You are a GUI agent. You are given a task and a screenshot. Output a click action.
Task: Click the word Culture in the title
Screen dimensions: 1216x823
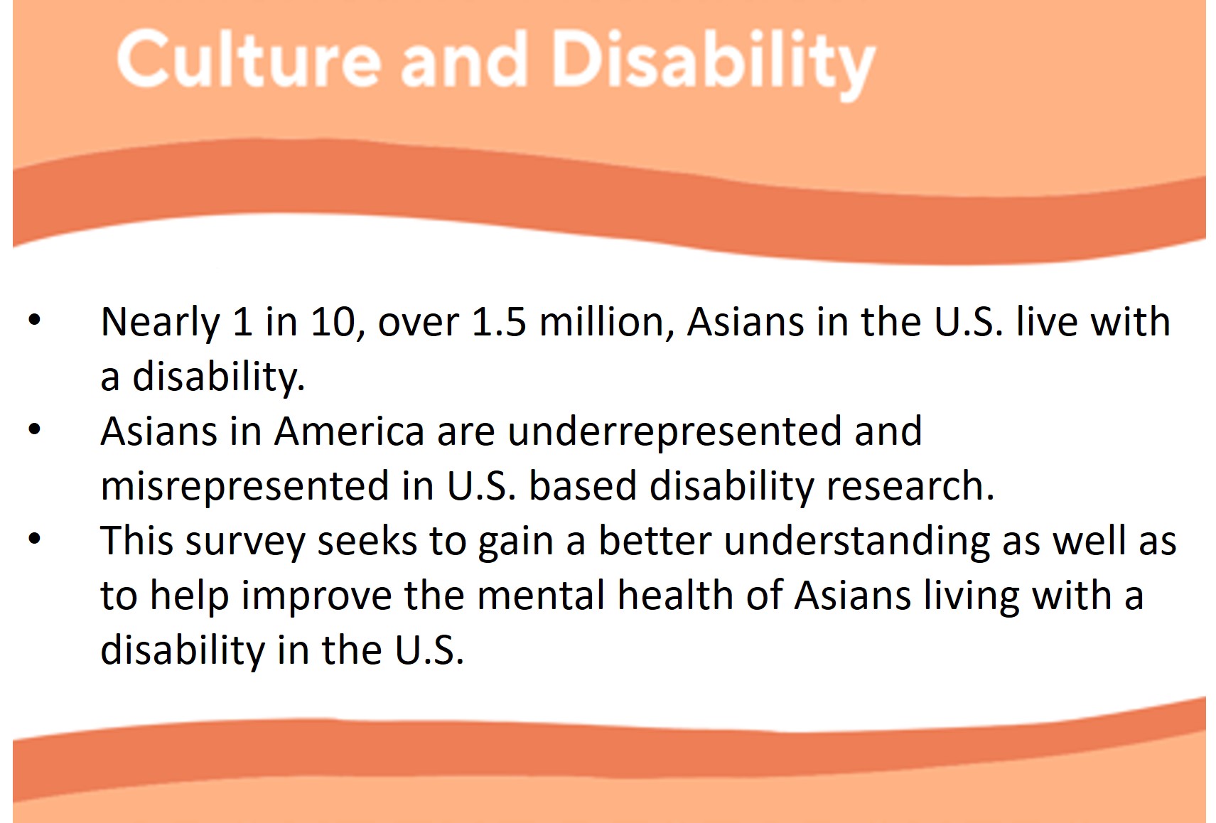[248, 58]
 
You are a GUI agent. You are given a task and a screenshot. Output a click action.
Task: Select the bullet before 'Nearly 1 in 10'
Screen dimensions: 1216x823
[34, 320]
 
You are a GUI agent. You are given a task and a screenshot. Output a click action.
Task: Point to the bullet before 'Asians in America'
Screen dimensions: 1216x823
[34, 429]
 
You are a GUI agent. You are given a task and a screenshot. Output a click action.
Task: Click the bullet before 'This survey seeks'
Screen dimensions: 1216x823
[34, 539]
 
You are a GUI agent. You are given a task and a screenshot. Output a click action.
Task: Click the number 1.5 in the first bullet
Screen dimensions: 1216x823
[499, 322]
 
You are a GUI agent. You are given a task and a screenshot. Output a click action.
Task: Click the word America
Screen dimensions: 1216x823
[349, 431]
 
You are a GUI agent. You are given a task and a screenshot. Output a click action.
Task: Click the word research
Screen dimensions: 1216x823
[910, 486]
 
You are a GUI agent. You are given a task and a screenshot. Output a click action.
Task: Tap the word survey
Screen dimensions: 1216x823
[245, 543]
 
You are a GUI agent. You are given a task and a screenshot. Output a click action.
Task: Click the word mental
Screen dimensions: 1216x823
[541, 596]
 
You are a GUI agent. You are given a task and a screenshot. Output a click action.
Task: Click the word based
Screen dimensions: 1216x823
[582, 486]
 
